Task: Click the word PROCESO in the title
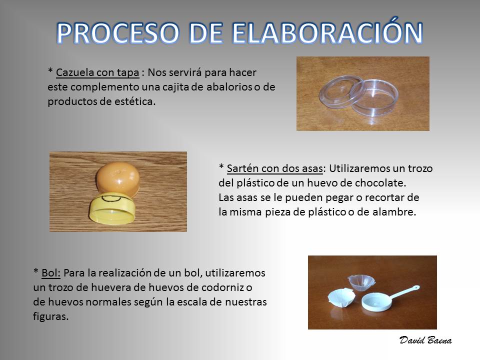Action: [x=118, y=33]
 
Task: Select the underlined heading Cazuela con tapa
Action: [x=97, y=72]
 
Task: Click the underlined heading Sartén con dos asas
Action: [x=275, y=168]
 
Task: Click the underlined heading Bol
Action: [x=51, y=273]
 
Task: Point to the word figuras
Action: [x=50, y=316]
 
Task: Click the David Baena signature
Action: [x=425, y=340]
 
